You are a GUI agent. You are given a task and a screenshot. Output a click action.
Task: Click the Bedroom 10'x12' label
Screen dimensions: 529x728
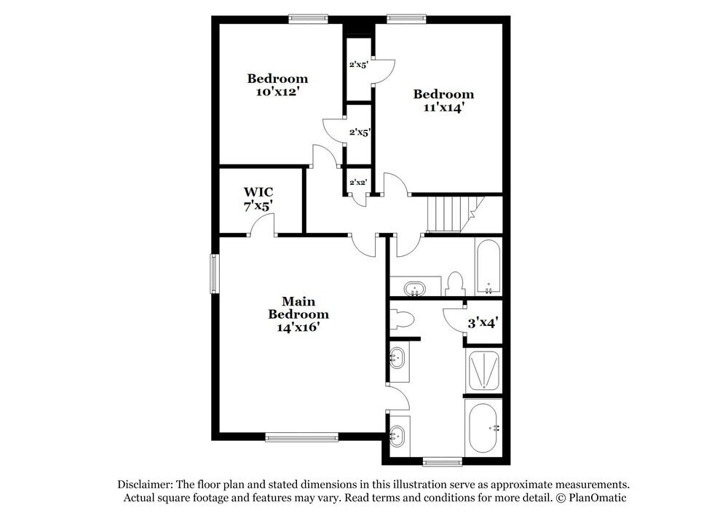pyautogui.click(x=277, y=85)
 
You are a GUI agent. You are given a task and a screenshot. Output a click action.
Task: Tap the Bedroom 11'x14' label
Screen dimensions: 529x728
pyautogui.click(x=443, y=100)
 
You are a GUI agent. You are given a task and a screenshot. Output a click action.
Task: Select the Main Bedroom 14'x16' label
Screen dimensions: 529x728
pyautogui.click(x=298, y=314)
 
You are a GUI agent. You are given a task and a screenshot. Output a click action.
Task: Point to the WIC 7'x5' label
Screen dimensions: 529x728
pyautogui.click(x=258, y=199)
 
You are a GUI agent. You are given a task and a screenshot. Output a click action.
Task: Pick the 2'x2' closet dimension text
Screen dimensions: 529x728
pyautogui.click(x=358, y=182)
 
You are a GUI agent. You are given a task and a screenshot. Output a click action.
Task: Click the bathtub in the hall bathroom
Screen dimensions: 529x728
pyautogui.click(x=488, y=267)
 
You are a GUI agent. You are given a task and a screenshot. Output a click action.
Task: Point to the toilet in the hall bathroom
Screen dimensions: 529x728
pyautogui.click(x=456, y=284)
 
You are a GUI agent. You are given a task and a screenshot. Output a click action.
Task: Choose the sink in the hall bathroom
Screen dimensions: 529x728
pyautogui.click(x=416, y=287)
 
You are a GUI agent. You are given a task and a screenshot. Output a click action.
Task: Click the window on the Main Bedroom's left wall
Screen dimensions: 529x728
pyautogui.click(x=215, y=271)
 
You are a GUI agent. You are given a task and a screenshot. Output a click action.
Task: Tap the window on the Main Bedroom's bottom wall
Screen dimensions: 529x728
pyautogui.click(x=301, y=437)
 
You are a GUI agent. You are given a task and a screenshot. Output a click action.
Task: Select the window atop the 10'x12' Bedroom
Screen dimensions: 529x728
pyautogui.click(x=308, y=20)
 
